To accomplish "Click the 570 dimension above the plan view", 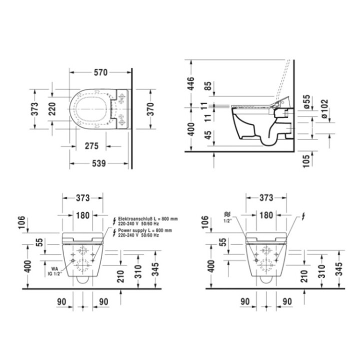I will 100,72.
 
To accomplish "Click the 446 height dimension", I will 190,82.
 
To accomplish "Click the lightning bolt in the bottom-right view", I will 302,217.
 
